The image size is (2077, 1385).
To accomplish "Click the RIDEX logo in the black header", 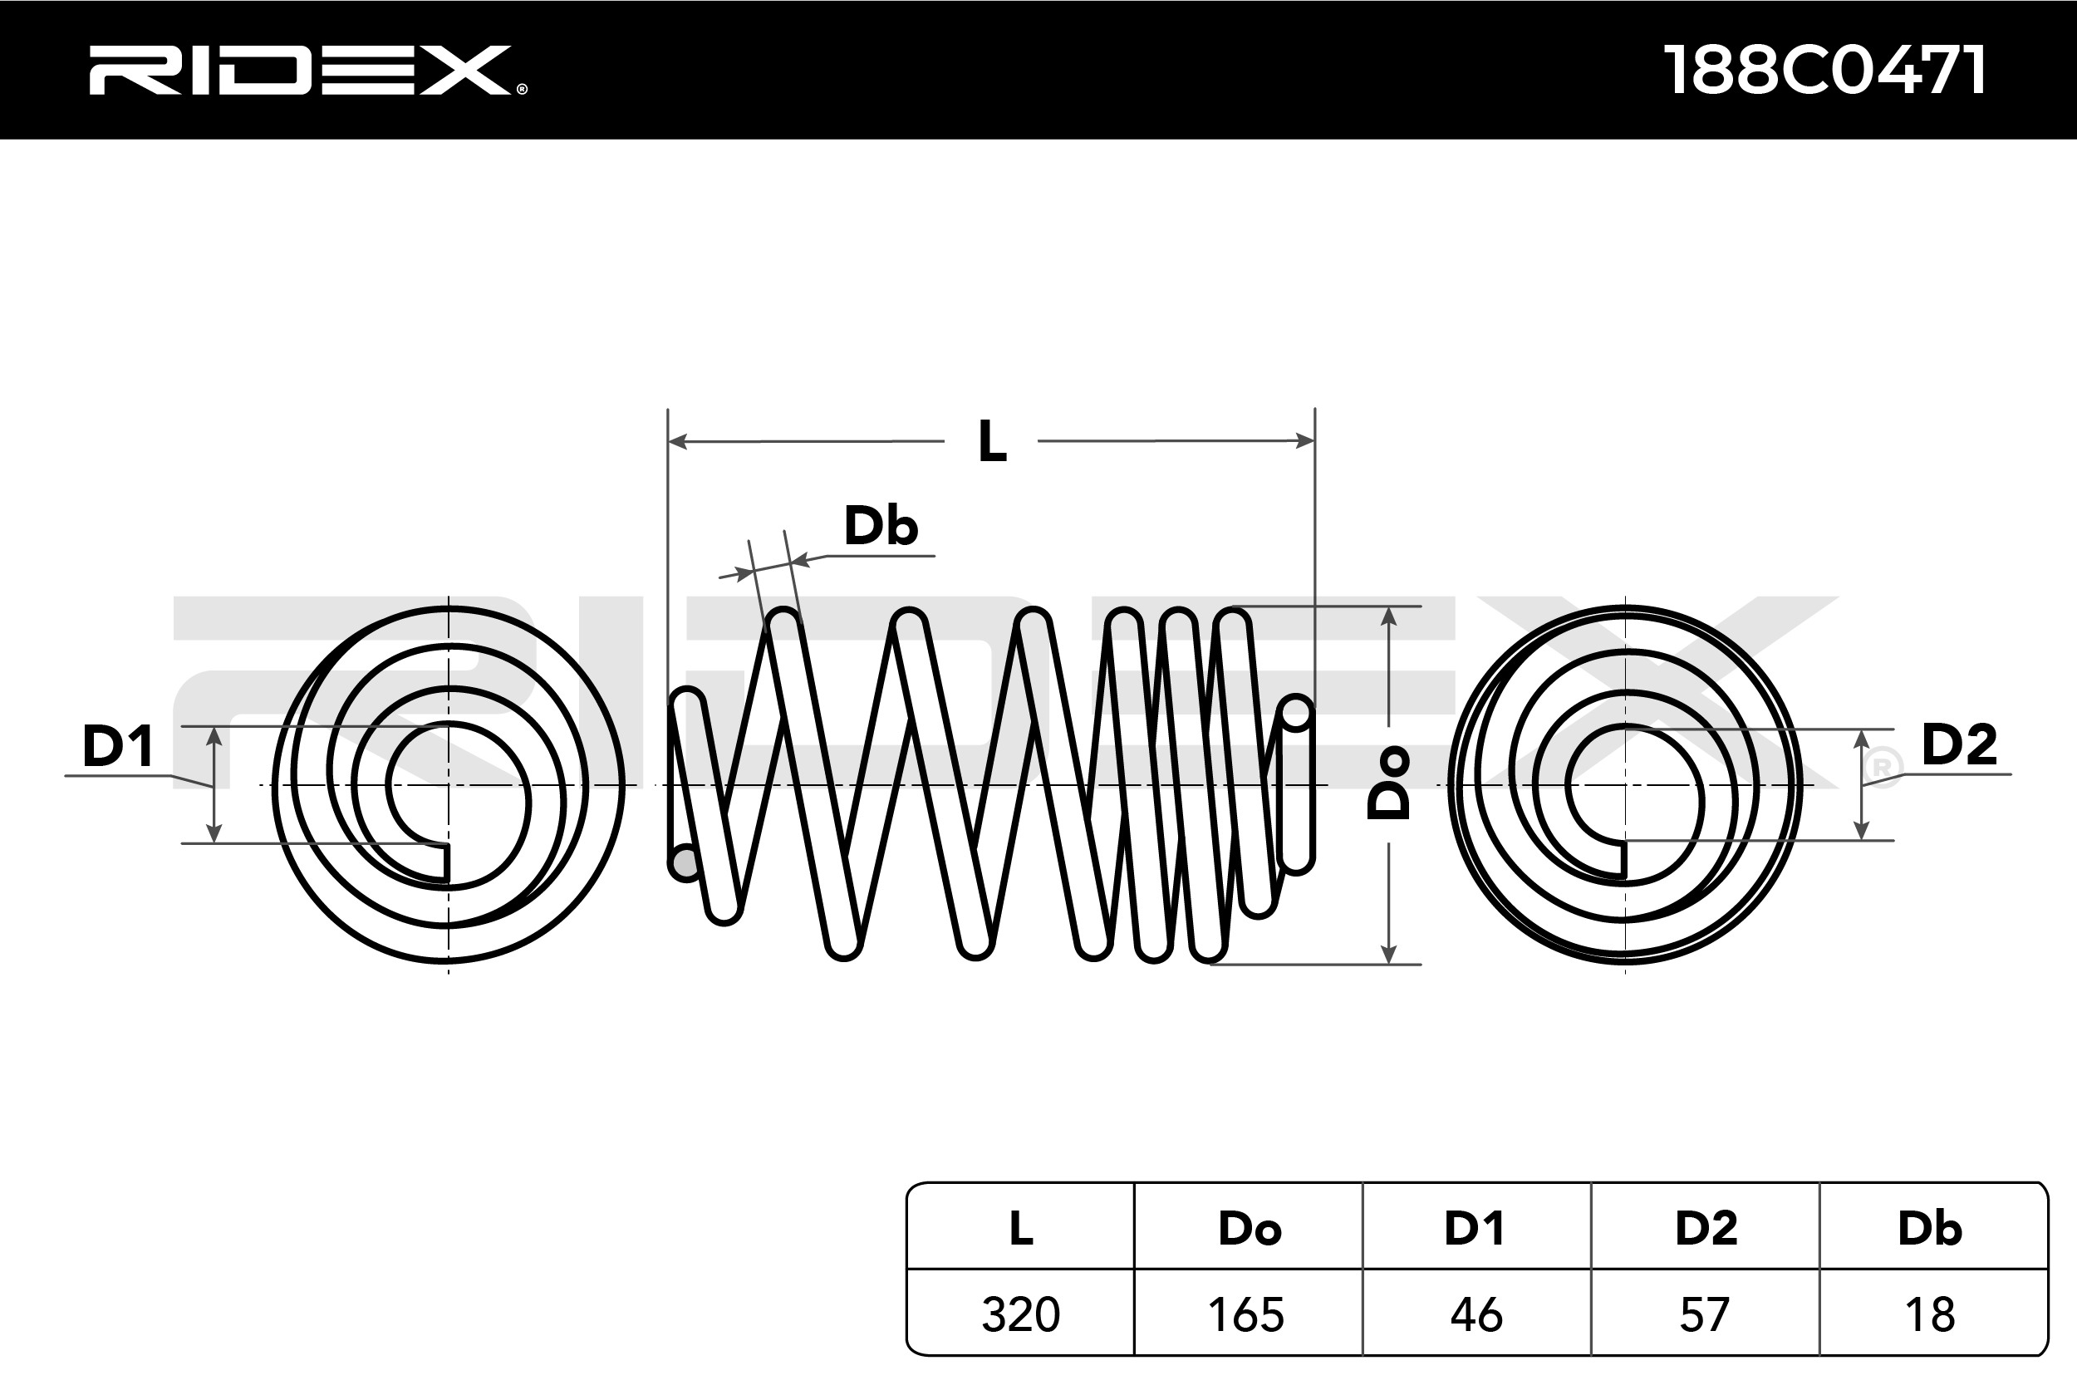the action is click(x=307, y=71).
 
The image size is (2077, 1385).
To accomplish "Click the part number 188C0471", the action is click(x=1824, y=71).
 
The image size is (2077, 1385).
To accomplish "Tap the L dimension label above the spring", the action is click(x=993, y=442).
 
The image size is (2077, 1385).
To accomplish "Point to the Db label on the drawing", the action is click(x=881, y=526).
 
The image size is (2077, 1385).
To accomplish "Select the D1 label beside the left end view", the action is click(x=117, y=745).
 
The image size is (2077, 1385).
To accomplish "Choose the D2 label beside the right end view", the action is click(x=1959, y=744).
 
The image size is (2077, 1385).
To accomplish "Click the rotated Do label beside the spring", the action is click(x=1388, y=783).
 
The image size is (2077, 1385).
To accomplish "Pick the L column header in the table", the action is click(x=1021, y=1228).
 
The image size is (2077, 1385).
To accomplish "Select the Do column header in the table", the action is click(x=1250, y=1228).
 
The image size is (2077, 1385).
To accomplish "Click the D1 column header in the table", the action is click(x=1475, y=1228).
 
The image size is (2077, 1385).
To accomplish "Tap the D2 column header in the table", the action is click(x=1706, y=1228).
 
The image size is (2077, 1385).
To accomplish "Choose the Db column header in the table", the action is click(x=1931, y=1228).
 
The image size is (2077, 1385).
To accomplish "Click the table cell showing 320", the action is click(x=1021, y=1314).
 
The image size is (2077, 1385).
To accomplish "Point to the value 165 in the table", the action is click(x=1246, y=1314).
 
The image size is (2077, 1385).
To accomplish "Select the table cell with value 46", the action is click(x=1476, y=1314).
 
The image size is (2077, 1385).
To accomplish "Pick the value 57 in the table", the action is click(x=1704, y=1314).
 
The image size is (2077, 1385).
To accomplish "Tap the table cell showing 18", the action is click(x=1931, y=1314).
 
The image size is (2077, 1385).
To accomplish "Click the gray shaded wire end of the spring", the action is click(x=685, y=862).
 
